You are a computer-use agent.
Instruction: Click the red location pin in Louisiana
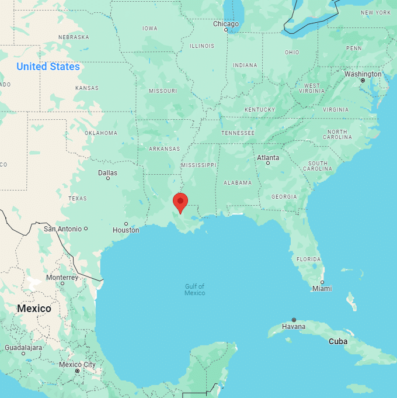[x=180, y=202]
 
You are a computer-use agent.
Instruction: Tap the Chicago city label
[x=226, y=24]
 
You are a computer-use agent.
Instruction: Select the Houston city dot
[x=126, y=224]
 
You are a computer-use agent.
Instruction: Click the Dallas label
[x=107, y=173]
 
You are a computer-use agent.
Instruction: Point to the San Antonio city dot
[x=86, y=229]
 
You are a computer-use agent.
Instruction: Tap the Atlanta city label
[x=268, y=158]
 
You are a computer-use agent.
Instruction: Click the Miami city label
[x=322, y=289]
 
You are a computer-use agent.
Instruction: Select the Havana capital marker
[x=294, y=320]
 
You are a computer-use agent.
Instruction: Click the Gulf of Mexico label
[x=195, y=289]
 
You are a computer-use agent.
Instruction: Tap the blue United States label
[x=48, y=67]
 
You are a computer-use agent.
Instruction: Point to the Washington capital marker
[x=363, y=81]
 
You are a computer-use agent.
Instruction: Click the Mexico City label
[x=77, y=365]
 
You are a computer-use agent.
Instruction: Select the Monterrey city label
[x=62, y=277]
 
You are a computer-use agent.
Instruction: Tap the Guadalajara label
[x=23, y=347]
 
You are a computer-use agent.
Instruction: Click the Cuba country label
[x=338, y=341]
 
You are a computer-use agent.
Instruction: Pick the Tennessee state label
[x=238, y=133]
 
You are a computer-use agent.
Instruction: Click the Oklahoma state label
[x=101, y=133]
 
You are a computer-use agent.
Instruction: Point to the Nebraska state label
[x=74, y=37]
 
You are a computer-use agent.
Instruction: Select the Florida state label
[x=308, y=259]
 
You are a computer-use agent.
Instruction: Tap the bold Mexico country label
[x=34, y=309]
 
